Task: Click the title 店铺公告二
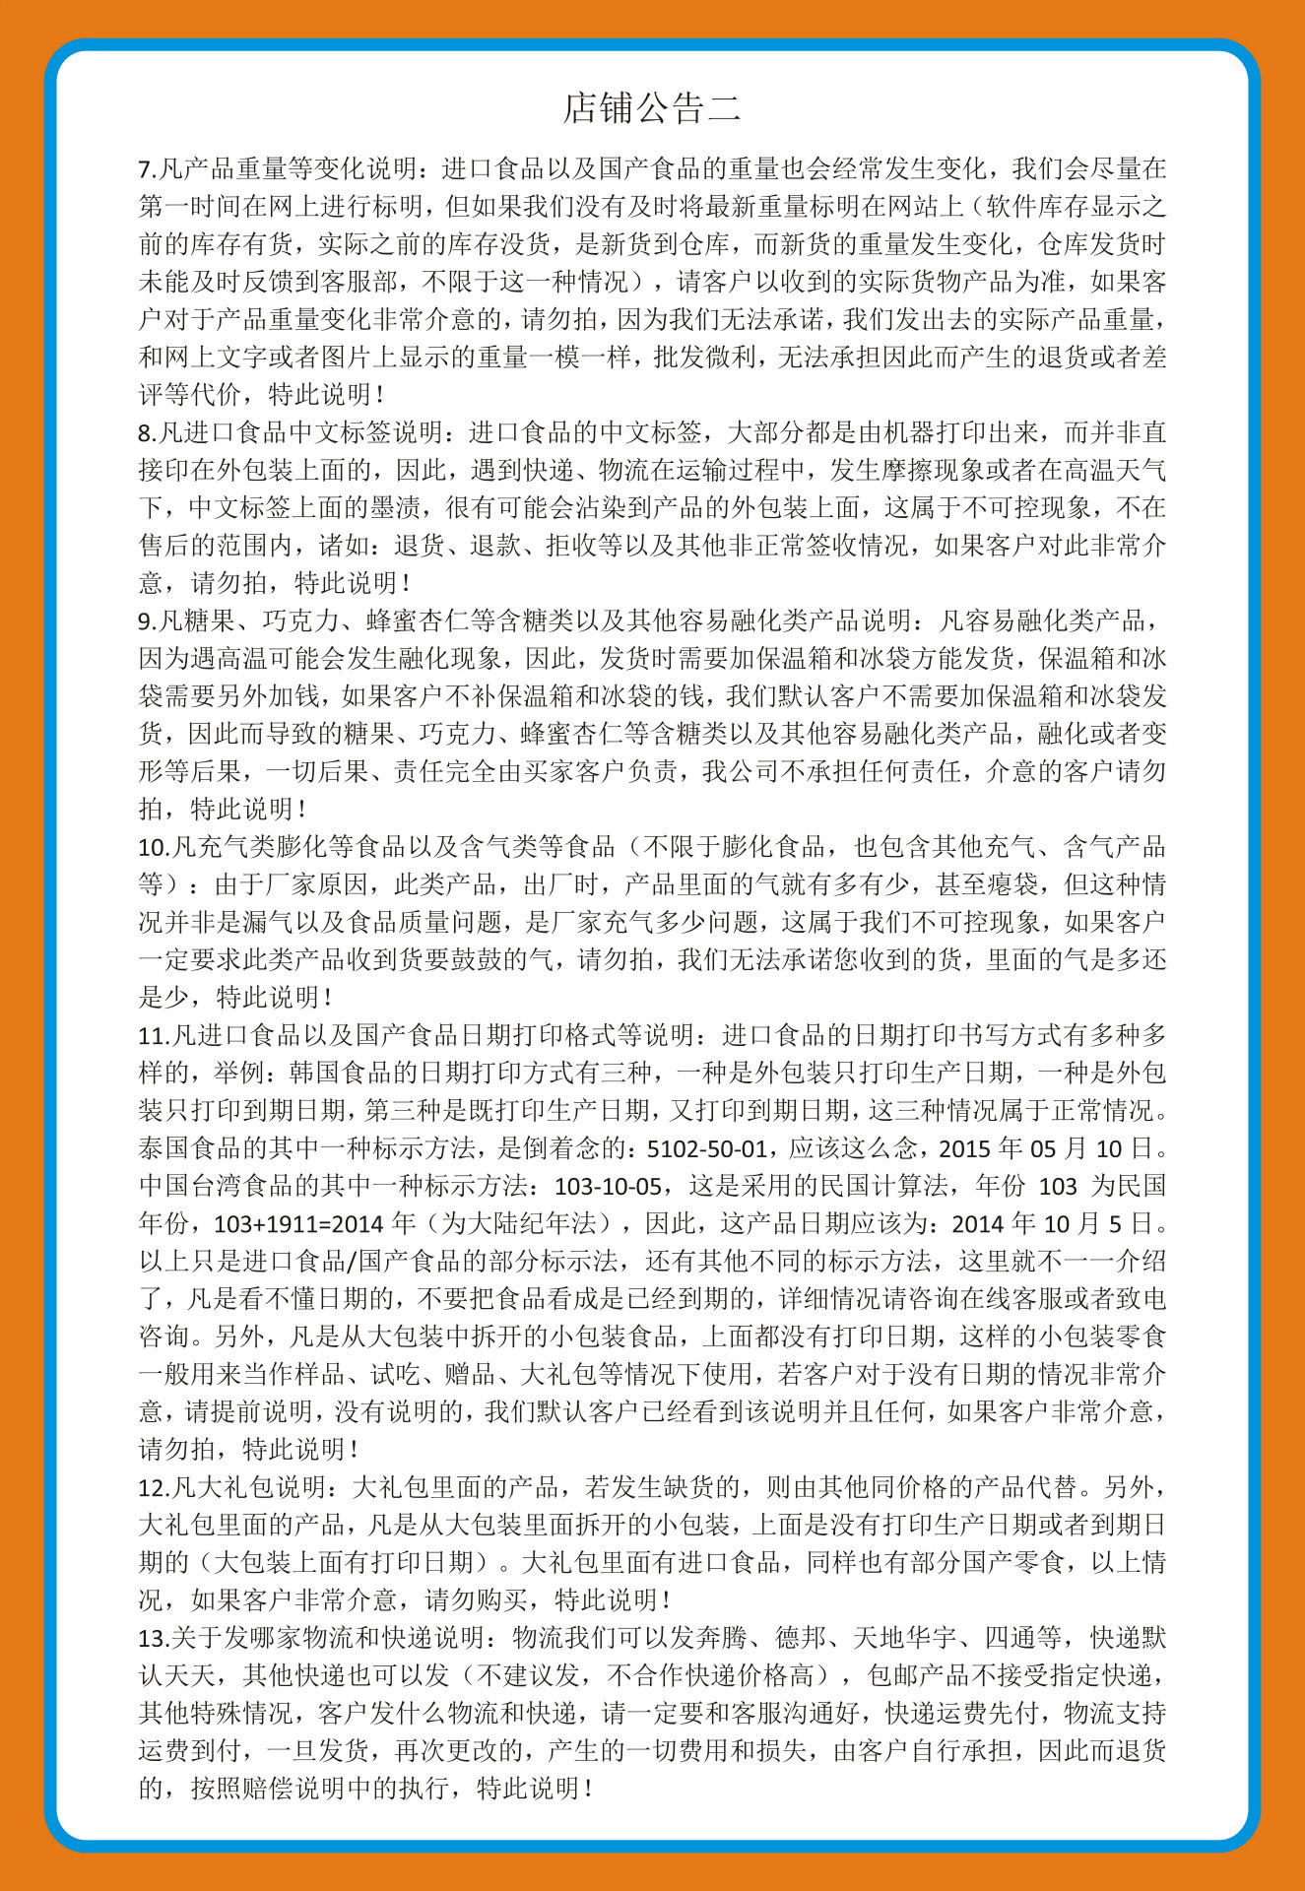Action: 652,108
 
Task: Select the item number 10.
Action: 151,847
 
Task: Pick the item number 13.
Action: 151,1638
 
